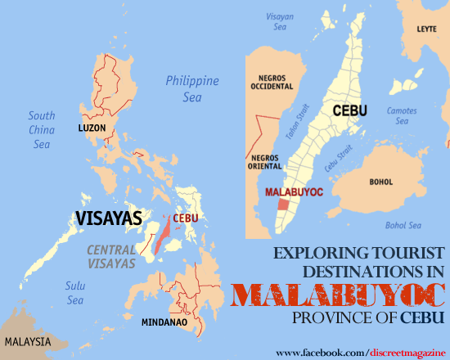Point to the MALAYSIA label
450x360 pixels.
[27, 340]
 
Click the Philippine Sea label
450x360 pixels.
[192, 88]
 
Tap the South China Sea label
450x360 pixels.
[42, 130]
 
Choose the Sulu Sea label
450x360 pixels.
[75, 292]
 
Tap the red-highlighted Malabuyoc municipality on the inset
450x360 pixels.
[284, 204]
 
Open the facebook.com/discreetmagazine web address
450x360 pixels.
[359, 352]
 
